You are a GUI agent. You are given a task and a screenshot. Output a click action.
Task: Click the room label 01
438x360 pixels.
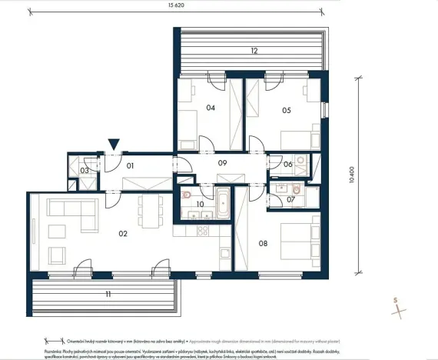point(131,165)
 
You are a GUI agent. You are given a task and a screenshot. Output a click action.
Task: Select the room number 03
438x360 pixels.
point(85,170)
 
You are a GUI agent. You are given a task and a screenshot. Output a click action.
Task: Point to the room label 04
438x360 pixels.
point(211,108)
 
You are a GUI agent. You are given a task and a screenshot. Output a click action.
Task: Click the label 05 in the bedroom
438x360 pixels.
point(287,110)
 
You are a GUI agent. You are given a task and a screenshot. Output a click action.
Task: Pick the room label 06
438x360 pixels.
point(287,164)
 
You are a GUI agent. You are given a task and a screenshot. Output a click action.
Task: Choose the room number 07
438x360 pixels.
point(291,199)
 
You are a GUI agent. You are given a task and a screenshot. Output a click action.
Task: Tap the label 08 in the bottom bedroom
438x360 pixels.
point(263,244)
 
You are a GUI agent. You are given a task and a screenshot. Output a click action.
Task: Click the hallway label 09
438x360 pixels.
point(223,162)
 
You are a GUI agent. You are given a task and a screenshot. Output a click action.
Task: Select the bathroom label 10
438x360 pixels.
point(200,204)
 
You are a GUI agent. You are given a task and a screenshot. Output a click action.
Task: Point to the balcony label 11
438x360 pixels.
point(108,294)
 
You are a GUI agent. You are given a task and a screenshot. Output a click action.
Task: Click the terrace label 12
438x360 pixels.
point(252,51)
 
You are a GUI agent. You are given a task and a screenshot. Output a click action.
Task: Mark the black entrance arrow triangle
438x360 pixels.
point(114,144)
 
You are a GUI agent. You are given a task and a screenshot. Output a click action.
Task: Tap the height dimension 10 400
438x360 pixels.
point(353,175)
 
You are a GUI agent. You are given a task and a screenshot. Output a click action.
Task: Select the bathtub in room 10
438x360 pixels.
point(224,203)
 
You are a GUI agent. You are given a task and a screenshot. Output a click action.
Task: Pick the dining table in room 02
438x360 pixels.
point(151,207)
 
